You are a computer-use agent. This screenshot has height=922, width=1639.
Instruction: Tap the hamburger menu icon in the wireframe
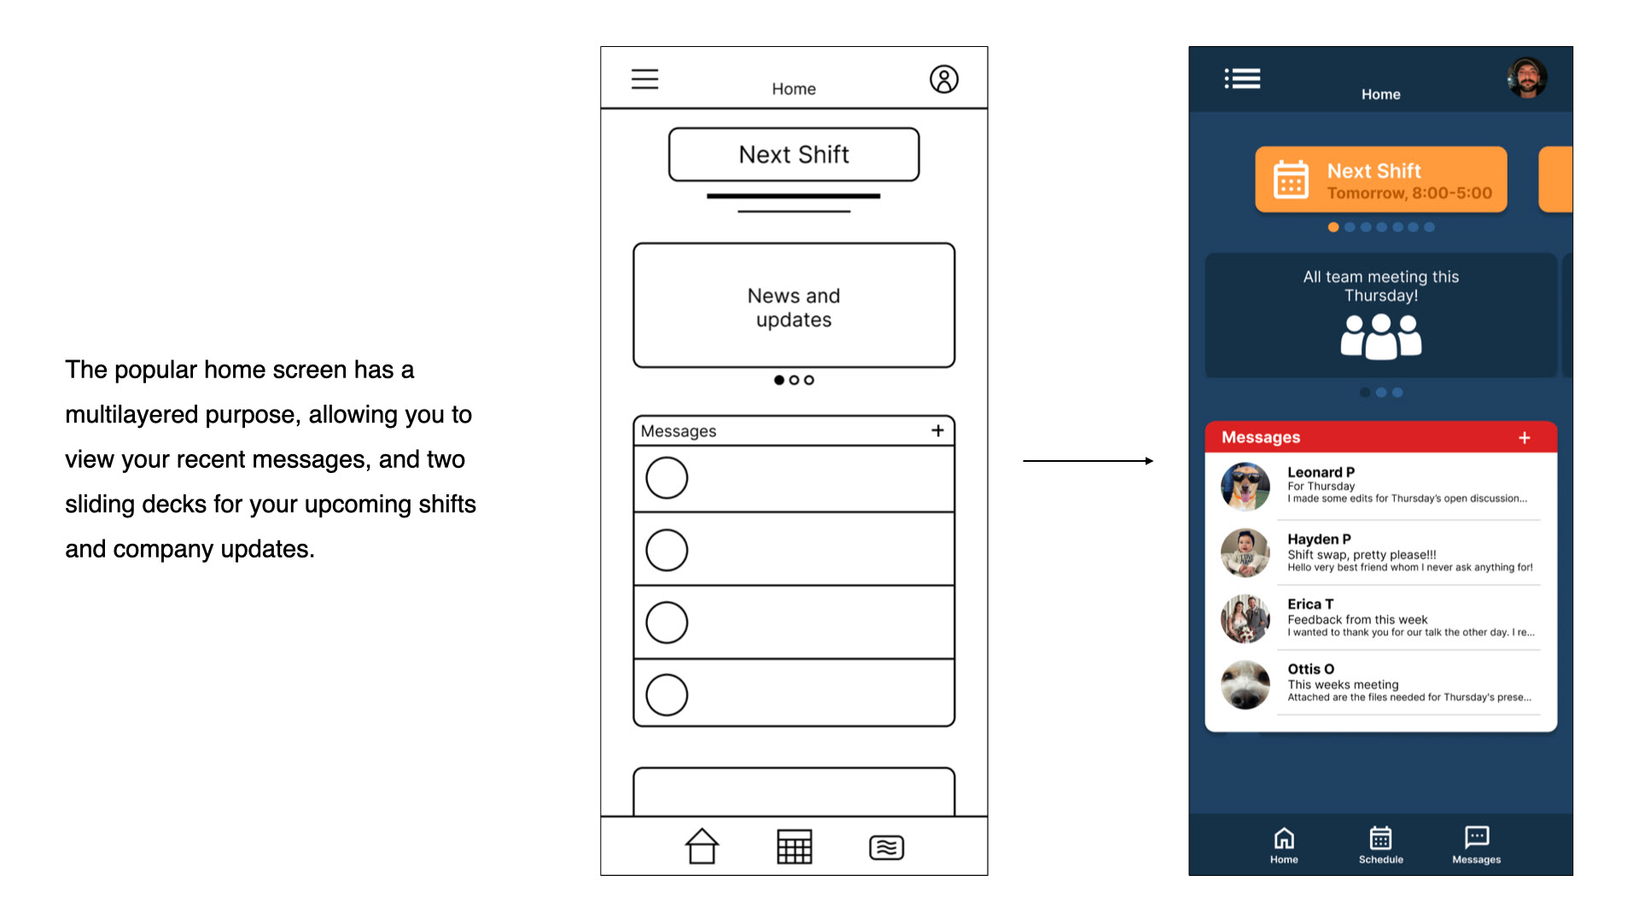[x=645, y=79]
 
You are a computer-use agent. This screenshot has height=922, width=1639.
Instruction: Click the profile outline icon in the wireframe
[x=943, y=79]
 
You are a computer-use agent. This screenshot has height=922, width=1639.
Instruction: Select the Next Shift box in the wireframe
[x=794, y=155]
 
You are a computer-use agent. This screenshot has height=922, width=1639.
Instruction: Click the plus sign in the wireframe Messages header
[x=937, y=430]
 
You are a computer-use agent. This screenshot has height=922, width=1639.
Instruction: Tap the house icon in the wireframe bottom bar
[x=702, y=846]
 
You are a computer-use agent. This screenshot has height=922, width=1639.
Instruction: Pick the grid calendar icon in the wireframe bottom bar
[x=794, y=846]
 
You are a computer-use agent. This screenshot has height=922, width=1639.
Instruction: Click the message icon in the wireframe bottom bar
[x=886, y=847]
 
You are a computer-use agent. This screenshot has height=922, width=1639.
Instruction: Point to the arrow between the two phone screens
[x=1088, y=461]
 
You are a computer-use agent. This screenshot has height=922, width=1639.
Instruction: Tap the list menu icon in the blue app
[x=1242, y=79]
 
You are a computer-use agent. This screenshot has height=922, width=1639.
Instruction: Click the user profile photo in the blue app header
[x=1526, y=79]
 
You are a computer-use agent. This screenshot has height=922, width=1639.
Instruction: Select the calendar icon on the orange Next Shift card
[x=1291, y=179]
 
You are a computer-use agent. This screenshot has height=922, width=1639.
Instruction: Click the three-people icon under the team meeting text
[x=1380, y=336]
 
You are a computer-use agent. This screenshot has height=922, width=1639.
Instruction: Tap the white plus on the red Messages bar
[x=1525, y=438]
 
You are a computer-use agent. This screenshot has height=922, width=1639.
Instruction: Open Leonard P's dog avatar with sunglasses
[x=1245, y=487]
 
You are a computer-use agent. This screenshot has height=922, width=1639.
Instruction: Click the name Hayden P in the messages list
[x=1319, y=539]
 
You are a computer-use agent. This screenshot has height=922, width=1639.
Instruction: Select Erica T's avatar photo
[x=1245, y=618]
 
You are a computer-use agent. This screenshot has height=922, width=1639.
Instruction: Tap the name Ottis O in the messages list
[x=1310, y=669]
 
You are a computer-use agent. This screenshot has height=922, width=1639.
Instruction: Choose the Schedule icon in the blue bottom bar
[x=1380, y=837]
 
